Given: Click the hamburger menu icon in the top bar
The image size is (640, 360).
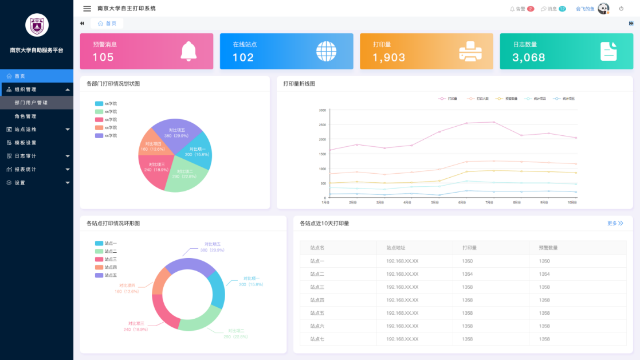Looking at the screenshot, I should coord(87,9).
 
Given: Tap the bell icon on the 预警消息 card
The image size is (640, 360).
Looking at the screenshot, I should coord(189,51).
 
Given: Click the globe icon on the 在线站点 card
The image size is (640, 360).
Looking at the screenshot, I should coord(327,51).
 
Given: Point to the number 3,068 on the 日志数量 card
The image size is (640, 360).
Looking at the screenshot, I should coord(528,57).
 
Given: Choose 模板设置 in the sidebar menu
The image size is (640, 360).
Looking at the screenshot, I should coord(25,143).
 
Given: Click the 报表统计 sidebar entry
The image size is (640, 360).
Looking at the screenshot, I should coord(25,169).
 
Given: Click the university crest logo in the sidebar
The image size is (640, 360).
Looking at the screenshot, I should coord(37,25).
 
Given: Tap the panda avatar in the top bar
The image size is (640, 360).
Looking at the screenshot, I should coord(603,9).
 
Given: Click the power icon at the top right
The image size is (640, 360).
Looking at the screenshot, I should coord(621,9).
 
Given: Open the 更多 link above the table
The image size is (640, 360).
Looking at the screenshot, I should coord(615,224).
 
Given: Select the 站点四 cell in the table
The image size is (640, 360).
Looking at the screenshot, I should coord(317,300).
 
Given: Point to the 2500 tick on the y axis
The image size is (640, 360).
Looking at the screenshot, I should coord(322,124).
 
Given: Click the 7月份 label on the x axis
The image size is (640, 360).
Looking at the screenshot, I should coord(489,202).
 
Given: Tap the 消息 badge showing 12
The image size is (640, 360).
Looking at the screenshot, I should coord(562,9).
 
